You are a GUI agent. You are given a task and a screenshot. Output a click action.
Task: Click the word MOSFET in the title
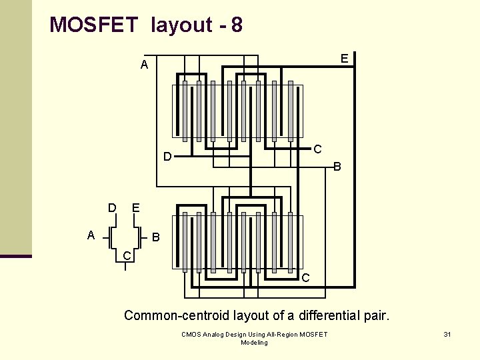[x=93, y=25]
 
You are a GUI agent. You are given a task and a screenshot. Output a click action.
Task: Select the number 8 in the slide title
[x=237, y=25]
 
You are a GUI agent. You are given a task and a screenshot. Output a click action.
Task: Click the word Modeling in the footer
[x=254, y=343]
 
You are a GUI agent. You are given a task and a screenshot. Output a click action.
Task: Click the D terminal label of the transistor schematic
[x=113, y=207]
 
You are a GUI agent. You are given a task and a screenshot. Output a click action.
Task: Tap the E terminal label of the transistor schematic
[x=136, y=207]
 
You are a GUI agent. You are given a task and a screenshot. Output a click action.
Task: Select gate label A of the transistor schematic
[x=91, y=235]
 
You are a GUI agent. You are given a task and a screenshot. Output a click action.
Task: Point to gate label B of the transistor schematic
[x=155, y=237]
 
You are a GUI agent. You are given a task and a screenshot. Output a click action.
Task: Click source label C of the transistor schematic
[x=127, y=256]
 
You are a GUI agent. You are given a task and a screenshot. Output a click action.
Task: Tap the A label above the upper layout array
[x=144, y=65]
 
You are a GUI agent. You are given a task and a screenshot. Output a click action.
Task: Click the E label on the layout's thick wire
[x=344, y=59]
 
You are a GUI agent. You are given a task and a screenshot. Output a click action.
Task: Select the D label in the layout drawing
[x=168, y=157]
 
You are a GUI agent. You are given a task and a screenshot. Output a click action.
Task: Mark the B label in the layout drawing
[x=337, y=167]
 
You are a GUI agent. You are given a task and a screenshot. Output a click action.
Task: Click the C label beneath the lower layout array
[x=305, y=277]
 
